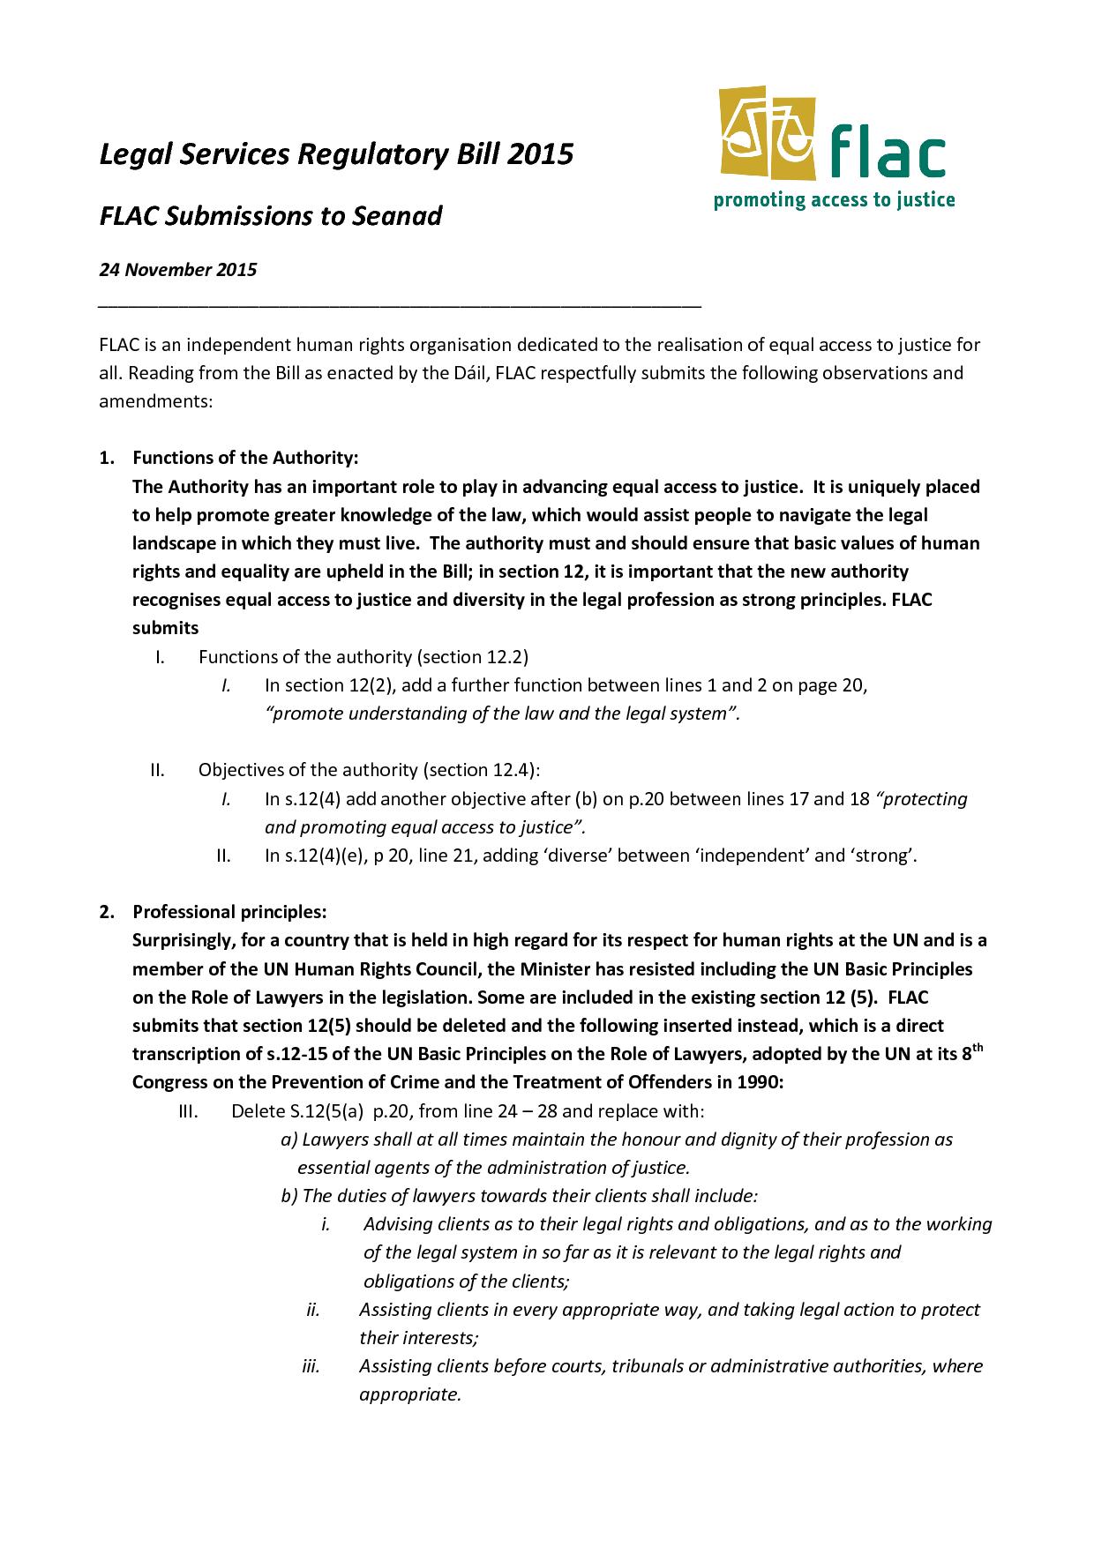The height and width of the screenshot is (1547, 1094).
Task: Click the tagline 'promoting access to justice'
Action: pos(834,200)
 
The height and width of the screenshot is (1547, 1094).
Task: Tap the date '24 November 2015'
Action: pos(177,270)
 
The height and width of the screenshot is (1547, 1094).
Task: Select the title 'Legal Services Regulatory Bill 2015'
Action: pos(335,154)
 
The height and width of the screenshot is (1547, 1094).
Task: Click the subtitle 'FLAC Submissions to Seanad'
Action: pos(270,215)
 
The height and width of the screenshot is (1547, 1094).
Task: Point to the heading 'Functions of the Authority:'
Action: pos(245,458)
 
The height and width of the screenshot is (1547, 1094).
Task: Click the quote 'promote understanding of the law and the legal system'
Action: pos(501,714)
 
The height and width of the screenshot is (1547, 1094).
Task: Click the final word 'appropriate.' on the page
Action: pos(410,1394)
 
